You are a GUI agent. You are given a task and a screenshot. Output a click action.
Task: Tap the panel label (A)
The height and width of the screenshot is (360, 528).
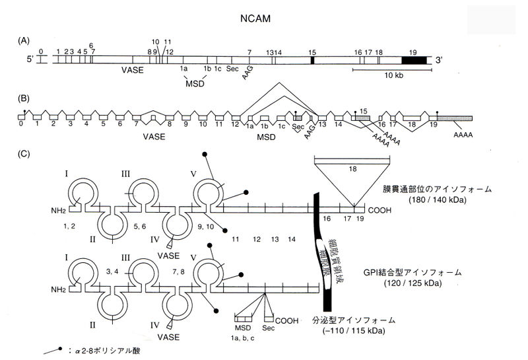[x=24, y=41]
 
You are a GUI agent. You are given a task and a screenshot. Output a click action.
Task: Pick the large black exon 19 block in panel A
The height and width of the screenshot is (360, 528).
[x=415, y=59]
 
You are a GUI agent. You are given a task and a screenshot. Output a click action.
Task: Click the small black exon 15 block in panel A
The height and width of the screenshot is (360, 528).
[x=312, y=59]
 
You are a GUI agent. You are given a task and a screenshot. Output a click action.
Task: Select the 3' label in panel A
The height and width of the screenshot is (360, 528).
[x=439, y=60]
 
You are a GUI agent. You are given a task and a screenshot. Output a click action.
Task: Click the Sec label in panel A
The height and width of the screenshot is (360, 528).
[x=232, y=68]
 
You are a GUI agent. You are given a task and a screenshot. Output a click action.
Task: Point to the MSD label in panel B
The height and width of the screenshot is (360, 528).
[x=266, y=137]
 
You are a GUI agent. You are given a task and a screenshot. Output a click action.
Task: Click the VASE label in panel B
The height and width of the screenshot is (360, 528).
[x=154, y=137]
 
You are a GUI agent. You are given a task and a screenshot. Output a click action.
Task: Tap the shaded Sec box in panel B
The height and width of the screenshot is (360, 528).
[x=298, y=117]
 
